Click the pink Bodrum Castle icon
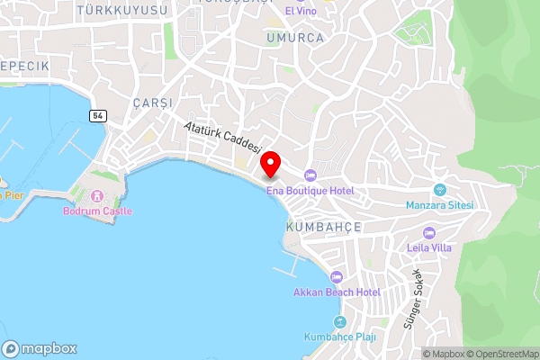tap(97, 195)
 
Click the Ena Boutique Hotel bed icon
tap(311, 175)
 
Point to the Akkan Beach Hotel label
tap(337, 292)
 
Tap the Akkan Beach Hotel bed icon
tap(337, 276)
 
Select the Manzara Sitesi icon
tap(440, 190)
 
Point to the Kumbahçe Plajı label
tap(339, 337)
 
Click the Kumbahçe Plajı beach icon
tap(339, 321)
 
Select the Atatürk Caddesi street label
tap(223, 138)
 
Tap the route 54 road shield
tap(96, 116)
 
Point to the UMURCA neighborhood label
tap(294, 38)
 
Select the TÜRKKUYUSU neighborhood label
tap(122, 9)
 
